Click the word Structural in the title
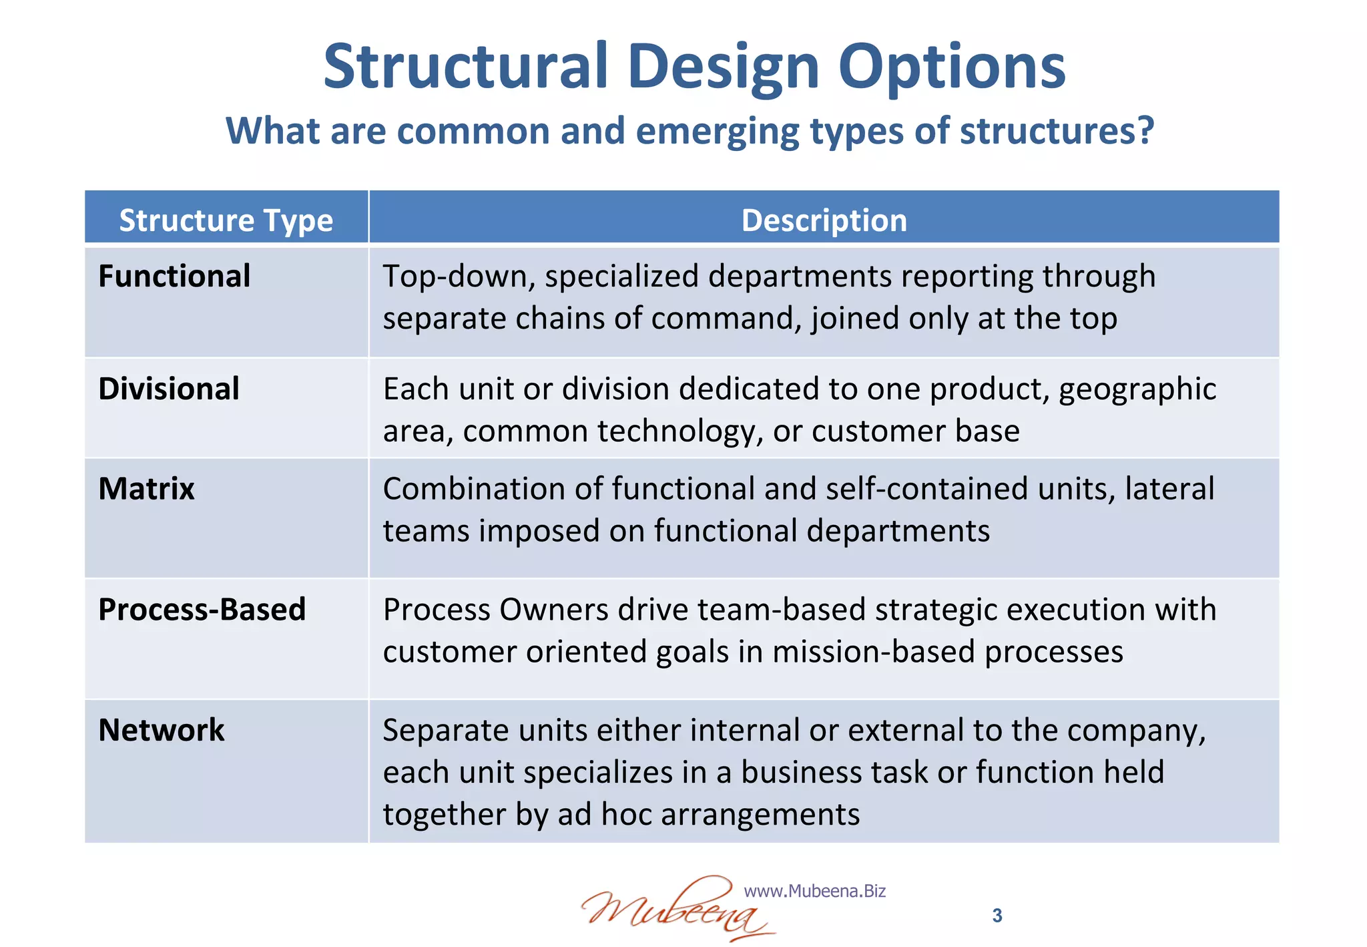click(x=465, y=67)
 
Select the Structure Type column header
click(x=226, y=220)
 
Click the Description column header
click(x=824, y=220)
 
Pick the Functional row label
click(x=174, y=276)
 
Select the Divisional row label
click(x=169, y=389)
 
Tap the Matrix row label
click(x=146, y=489)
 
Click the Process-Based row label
click(x=202, y=610)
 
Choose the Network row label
click(x=161, y=730)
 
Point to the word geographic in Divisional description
click(x=1137, y=389)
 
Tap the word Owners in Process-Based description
click(x=553, y=610)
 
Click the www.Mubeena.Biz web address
click(x=814, y=891)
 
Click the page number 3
click(x=997, y=916)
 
